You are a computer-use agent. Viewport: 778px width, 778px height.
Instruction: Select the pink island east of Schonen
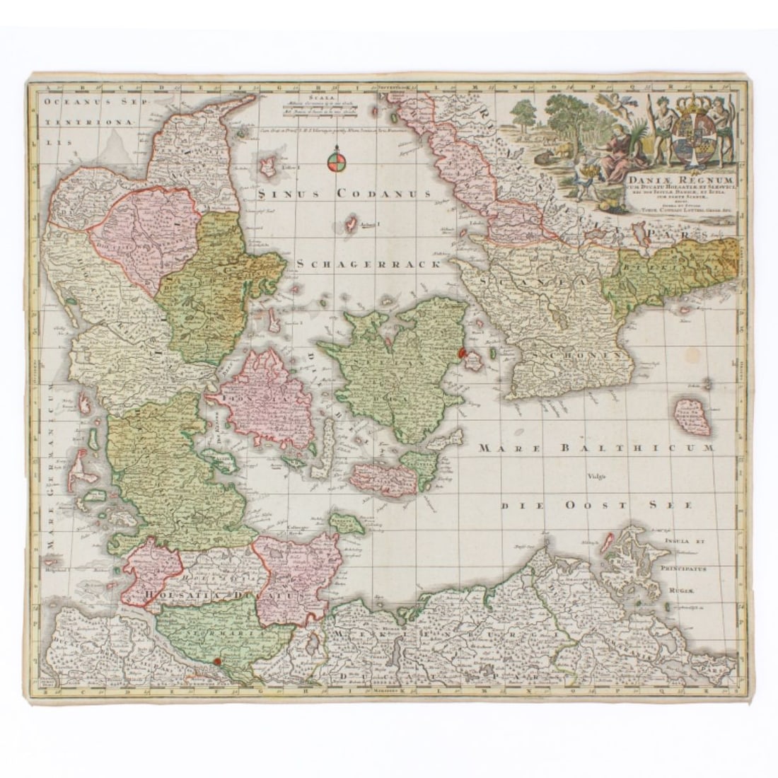pos(687,417)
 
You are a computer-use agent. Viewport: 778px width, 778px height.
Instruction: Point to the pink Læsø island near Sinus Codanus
pos(269,168)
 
